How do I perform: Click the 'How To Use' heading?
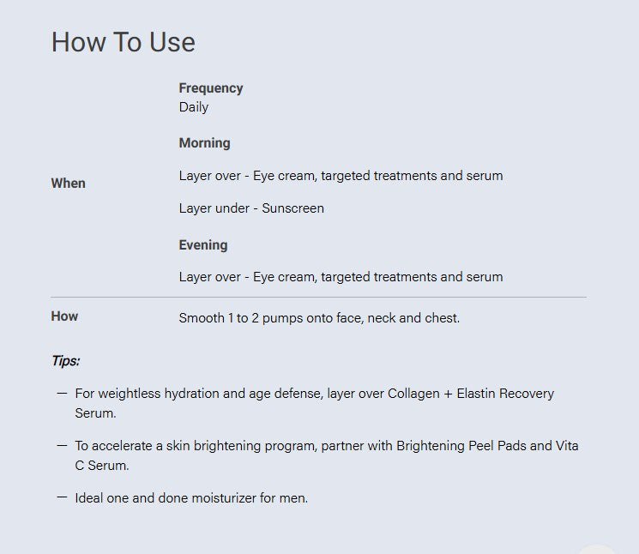tap(123, 42)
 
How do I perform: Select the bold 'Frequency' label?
tap(211, 88)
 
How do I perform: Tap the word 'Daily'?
tap(194, 107)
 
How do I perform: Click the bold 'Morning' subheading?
tap(205, 143)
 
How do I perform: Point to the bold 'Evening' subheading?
tap(203, 244)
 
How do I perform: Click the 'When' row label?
tap(68, 184)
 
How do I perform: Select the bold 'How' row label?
tap(64, 316)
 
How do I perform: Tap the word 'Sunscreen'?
tap(292, 208)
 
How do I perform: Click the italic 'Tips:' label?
tap(65, 361)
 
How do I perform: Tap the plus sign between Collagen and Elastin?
tap(449, 394)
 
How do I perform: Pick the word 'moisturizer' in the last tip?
tap(224, 497)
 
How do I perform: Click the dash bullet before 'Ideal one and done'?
tap(62, 497)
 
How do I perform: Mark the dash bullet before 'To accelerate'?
tap(62, 445)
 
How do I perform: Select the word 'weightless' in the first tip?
tap(130, 394)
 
